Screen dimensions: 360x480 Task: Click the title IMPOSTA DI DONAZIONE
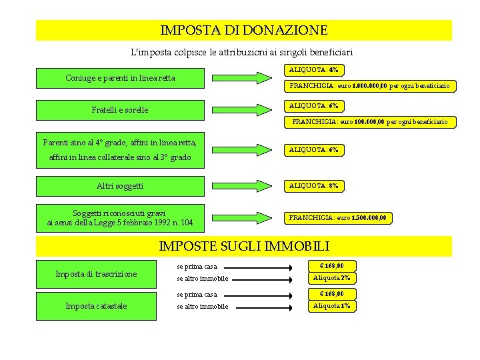(244, 31)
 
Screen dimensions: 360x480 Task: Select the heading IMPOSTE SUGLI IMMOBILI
(244, 246)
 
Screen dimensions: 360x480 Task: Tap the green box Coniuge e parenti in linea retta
(120, 78)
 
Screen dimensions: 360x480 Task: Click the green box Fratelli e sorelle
(120, 109)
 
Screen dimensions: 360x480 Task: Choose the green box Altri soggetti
(120, 185)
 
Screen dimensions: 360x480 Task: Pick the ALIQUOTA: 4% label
(313, 69)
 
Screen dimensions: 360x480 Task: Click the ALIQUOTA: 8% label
(313, 186)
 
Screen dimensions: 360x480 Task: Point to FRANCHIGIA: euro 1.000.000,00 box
(369, 86)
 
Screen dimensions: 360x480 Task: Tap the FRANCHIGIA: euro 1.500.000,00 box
(337, 217)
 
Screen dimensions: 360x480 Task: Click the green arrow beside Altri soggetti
(244, 185)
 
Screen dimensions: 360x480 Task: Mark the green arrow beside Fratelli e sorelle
(244, 109)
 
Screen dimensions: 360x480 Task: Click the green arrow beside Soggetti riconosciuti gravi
(244, 217)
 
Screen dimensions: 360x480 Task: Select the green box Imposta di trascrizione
(96, 273)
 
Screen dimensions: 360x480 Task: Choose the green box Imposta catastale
(96, 306)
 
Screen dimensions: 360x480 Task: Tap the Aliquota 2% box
(331, 278)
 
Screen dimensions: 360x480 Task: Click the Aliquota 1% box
(331, 306)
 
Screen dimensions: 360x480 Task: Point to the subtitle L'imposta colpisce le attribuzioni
(242, 51)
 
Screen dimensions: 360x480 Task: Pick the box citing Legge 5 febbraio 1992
(120, 217)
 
